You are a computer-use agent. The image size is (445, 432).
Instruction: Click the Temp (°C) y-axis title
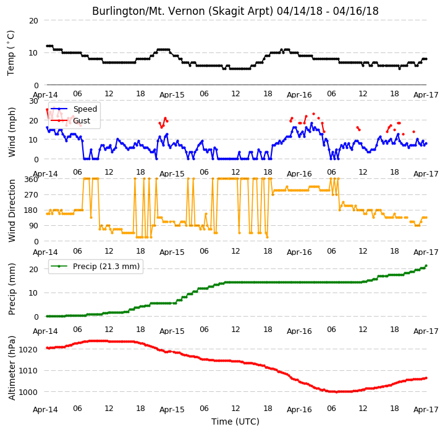click(11, 53)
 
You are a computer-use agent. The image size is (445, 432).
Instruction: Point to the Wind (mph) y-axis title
click(12, 132)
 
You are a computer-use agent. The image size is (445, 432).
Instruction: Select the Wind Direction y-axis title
click(12, 210)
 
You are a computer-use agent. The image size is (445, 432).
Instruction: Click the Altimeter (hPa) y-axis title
click(12, 368)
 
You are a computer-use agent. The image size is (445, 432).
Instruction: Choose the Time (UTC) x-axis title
click(235, 422)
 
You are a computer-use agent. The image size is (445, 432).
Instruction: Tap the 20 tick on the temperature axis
click(33, 21)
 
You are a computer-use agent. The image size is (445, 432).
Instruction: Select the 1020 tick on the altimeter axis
click(28, 349)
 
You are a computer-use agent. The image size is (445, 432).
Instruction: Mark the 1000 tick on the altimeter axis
click(28, 392)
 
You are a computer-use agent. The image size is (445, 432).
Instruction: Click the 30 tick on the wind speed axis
click(33, 101)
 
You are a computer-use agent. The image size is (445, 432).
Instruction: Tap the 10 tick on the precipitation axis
click(33, 293)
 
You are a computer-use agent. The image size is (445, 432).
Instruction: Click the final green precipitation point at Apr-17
click(426, 266)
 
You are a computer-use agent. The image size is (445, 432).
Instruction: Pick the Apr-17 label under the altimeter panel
click(426, 410)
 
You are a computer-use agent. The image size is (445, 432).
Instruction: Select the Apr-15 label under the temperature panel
click(172, 95)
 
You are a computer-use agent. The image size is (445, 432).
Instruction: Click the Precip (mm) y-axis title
click(12, 289)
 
